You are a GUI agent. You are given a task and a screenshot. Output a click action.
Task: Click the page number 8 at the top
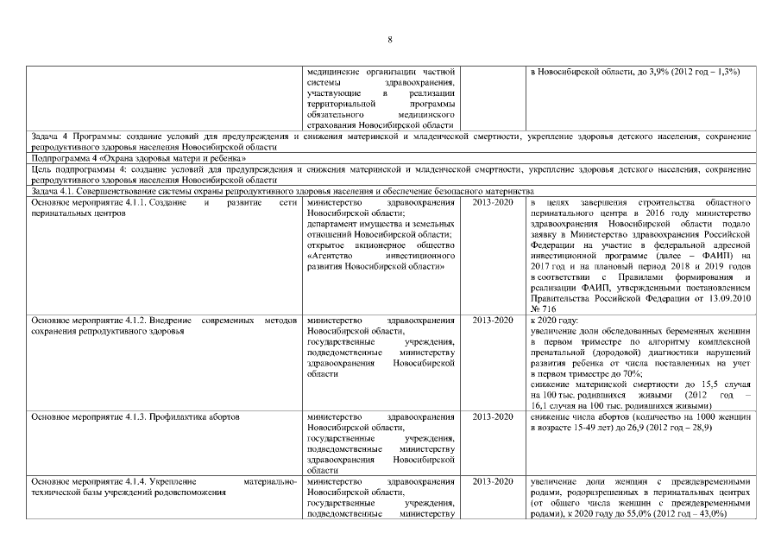(389, 40)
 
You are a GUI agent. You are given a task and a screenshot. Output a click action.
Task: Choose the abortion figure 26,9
(650, 428)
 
